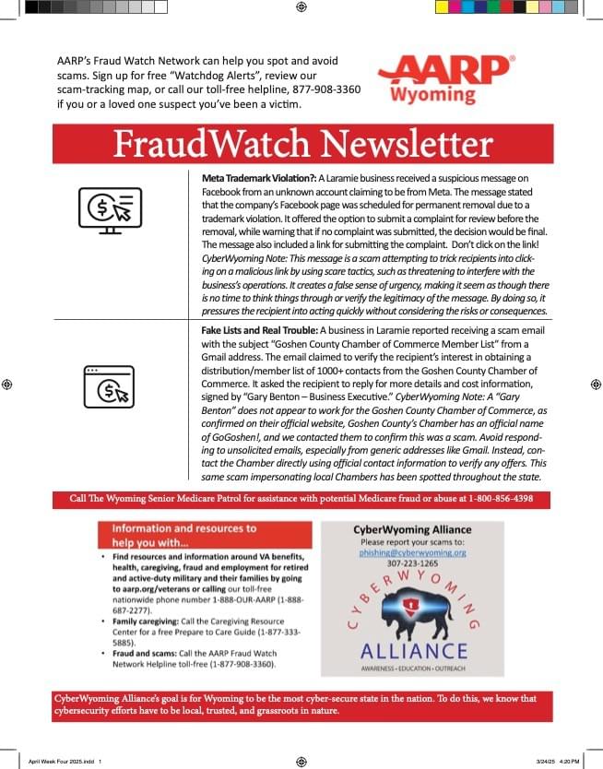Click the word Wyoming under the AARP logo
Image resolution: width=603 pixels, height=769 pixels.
point(432,95)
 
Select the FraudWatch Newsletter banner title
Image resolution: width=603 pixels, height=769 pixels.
point(302,145)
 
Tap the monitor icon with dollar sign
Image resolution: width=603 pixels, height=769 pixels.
point(110,209)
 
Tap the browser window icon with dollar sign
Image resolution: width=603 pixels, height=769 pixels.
point(109,386)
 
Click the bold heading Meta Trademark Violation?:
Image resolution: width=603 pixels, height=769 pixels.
point(259,177)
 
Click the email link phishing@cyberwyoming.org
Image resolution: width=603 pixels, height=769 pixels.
point(412,553)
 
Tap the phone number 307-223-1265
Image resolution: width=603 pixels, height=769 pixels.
point(412,563)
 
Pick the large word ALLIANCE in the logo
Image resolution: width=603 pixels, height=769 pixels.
point(412,652)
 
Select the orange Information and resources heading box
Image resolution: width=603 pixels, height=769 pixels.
point(206,534)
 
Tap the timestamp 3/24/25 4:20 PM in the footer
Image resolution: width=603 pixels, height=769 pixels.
point(557,761)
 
